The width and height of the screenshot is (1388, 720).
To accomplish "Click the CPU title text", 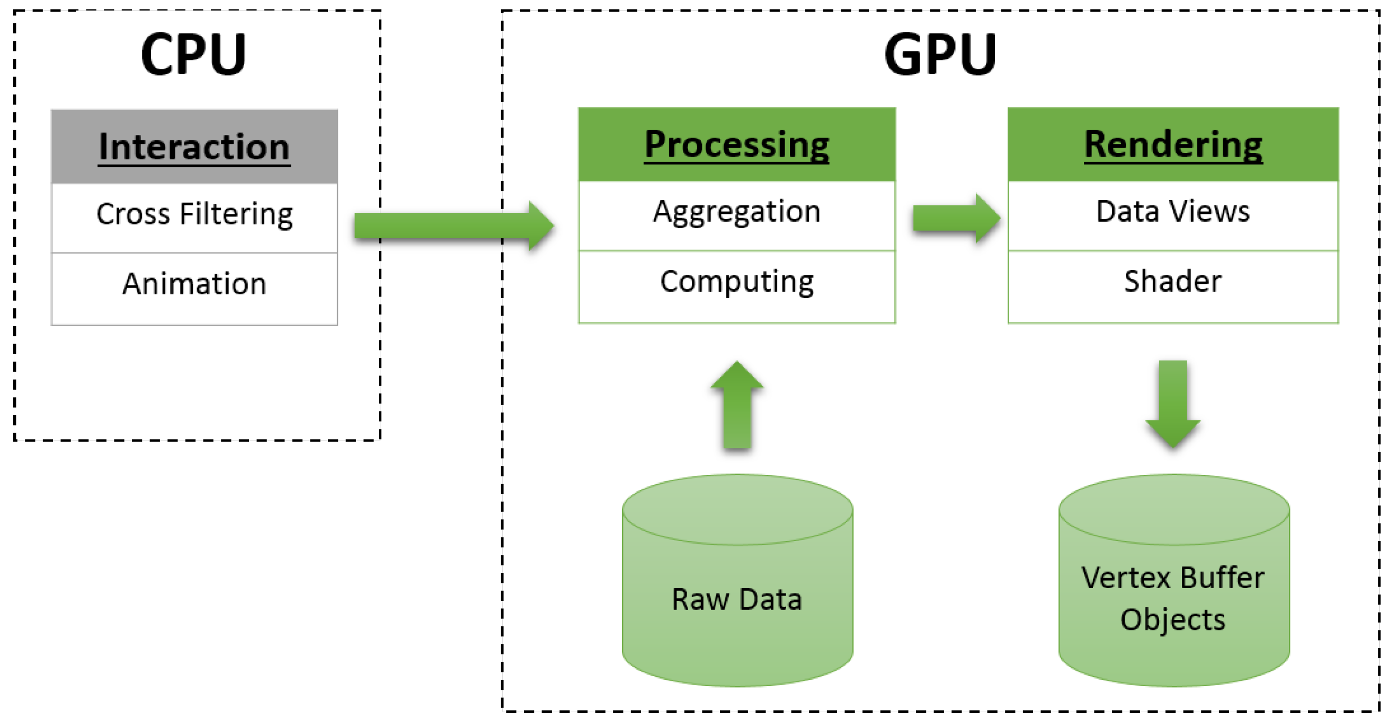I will [193, 55].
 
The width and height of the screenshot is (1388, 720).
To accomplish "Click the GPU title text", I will [940, 55].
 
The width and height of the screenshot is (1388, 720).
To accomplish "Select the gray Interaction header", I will [194, 147].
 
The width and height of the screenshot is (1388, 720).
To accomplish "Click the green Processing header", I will [736, 145].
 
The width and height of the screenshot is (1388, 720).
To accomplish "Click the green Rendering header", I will [1172, 145].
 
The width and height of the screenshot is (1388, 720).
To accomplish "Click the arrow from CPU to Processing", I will [452, 226].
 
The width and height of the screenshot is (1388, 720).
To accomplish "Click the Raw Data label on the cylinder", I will [736, 599].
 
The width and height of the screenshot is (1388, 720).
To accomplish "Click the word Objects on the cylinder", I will [1172, 620].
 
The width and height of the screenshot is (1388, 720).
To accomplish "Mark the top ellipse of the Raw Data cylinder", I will [736, 509].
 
